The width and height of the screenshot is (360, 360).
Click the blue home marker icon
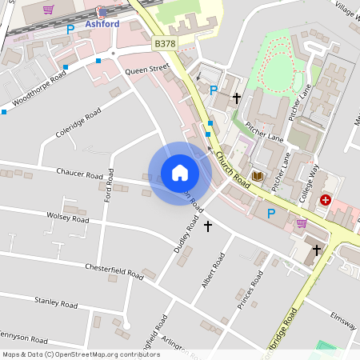180,173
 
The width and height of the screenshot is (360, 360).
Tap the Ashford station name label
102,24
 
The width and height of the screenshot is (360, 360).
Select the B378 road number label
165,43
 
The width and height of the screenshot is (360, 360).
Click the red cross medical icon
326,199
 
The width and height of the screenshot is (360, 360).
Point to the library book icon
258,176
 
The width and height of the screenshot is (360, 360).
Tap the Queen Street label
147,70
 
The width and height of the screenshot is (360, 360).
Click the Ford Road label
108,192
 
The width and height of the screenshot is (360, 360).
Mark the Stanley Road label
55,303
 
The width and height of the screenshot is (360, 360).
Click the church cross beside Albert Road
209,226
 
